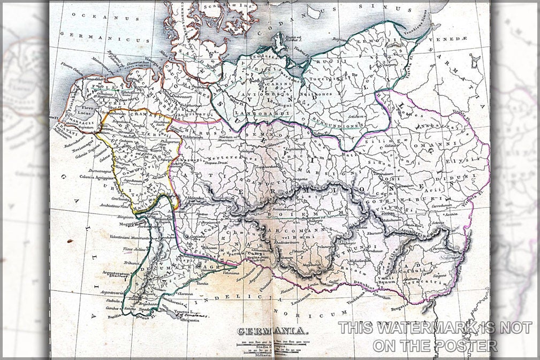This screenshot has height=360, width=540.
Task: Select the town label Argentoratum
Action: click(116, 273)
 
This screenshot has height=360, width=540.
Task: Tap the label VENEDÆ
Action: click(457, 39)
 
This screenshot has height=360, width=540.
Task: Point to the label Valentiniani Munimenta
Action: click(130, 237)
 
